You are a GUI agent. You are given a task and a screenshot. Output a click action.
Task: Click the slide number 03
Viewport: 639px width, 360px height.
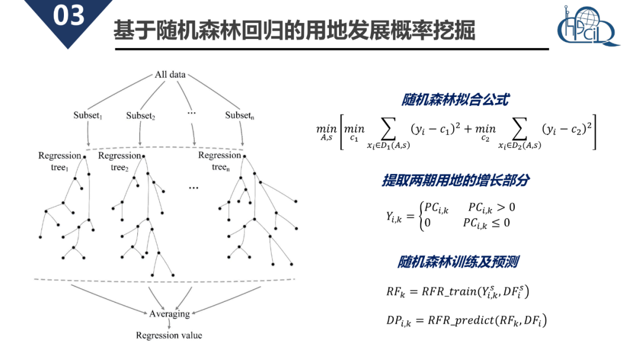69,16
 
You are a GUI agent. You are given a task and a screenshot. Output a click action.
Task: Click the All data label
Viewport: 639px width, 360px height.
170,75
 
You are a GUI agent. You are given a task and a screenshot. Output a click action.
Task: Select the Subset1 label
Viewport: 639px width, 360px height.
88,115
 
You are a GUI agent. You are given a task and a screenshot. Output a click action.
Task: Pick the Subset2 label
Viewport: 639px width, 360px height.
141,116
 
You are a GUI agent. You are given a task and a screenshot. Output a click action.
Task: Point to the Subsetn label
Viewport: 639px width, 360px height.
240,115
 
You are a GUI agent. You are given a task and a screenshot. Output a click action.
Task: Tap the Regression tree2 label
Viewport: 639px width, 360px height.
120,160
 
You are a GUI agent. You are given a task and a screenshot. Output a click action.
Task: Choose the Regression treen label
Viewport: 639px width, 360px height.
220,160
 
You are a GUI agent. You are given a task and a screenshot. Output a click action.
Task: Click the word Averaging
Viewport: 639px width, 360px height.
169,313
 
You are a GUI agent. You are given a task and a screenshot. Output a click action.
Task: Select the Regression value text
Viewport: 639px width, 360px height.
169,335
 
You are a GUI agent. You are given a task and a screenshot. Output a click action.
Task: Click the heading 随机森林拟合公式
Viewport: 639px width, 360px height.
454,99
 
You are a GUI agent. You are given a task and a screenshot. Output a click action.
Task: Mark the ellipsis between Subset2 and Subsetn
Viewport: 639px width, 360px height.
191,112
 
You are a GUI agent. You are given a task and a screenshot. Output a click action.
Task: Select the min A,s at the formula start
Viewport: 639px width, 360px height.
326,131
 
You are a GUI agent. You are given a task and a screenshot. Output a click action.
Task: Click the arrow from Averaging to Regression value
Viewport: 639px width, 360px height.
169,324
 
